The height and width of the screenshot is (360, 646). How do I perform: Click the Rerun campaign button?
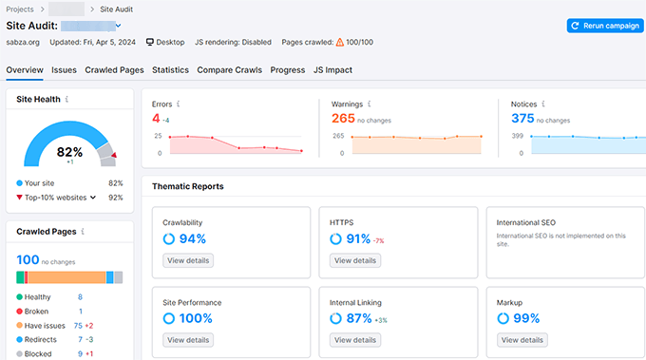click(603, 26)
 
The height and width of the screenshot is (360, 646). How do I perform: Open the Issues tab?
click(64, 70)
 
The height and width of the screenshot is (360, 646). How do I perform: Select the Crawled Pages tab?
click(114, 70)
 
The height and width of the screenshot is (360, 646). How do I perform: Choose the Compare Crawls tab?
click(229, 70)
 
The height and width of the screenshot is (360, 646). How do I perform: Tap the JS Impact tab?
click(334, 70)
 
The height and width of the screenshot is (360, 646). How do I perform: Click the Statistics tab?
click(170, 70)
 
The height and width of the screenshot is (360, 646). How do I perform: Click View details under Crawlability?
click(188, 260)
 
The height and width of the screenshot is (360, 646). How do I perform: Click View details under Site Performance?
click(188, 339)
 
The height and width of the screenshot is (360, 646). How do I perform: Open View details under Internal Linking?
click(354, 339)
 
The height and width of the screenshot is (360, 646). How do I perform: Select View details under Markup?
click(522, 339)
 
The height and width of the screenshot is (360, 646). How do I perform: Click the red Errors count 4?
click(156, 119)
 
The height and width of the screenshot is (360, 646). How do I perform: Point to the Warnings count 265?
click(344, 119)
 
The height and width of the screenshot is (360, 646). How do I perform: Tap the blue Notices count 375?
click(522, 119)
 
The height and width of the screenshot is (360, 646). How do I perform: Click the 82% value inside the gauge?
click(70, 152)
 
